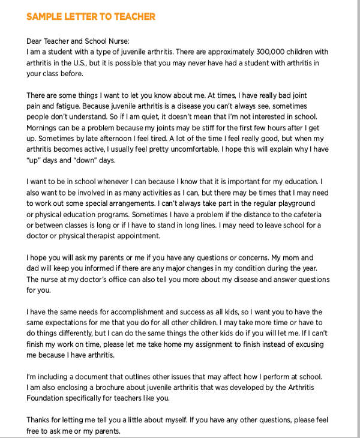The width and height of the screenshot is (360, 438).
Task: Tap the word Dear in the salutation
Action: (36, 41)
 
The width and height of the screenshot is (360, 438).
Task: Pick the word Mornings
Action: (45, 128)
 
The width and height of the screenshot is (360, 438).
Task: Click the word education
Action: (296, 182)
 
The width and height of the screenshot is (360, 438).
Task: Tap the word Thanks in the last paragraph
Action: (40, 420)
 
